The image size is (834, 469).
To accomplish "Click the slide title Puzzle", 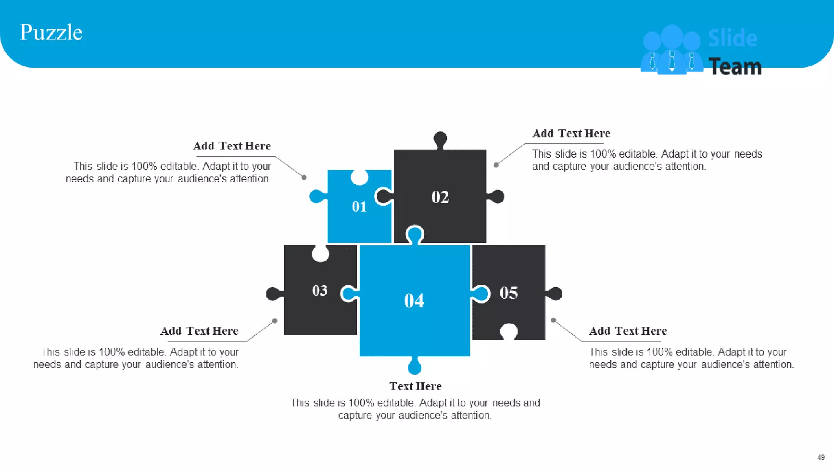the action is [x=51, y=33].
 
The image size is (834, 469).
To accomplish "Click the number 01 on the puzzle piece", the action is [x=359, y=207].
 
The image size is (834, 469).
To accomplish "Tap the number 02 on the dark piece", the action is [x=440, y=197].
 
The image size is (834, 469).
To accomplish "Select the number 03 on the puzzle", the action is [x=320, y=291].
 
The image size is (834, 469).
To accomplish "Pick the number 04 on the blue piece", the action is [x=414, y=301].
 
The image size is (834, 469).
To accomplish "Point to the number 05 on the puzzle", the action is [x=509, y=293].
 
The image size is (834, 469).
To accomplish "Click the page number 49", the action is [x=821, y=457].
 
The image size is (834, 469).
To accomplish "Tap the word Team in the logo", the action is [x=735, y=67].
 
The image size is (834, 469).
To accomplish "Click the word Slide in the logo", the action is [x=733, y=39].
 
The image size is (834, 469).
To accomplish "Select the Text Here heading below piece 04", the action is [x=415, y=386].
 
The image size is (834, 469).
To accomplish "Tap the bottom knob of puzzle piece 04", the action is [x=415, y=366].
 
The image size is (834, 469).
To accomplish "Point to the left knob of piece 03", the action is [x=273, y=294].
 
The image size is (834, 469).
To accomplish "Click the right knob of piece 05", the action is [x=555, y=294].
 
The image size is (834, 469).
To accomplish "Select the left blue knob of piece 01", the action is [x=316, y=196].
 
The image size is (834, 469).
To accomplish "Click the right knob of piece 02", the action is [x=497, y=197].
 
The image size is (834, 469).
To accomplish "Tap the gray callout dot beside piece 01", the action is [x=304, y=178].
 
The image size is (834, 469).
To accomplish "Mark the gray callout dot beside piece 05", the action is [x=553, y=320].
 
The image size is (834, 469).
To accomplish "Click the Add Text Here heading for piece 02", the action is [x=571, y=134].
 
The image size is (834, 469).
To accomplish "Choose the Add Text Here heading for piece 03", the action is [x=199, y=331].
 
